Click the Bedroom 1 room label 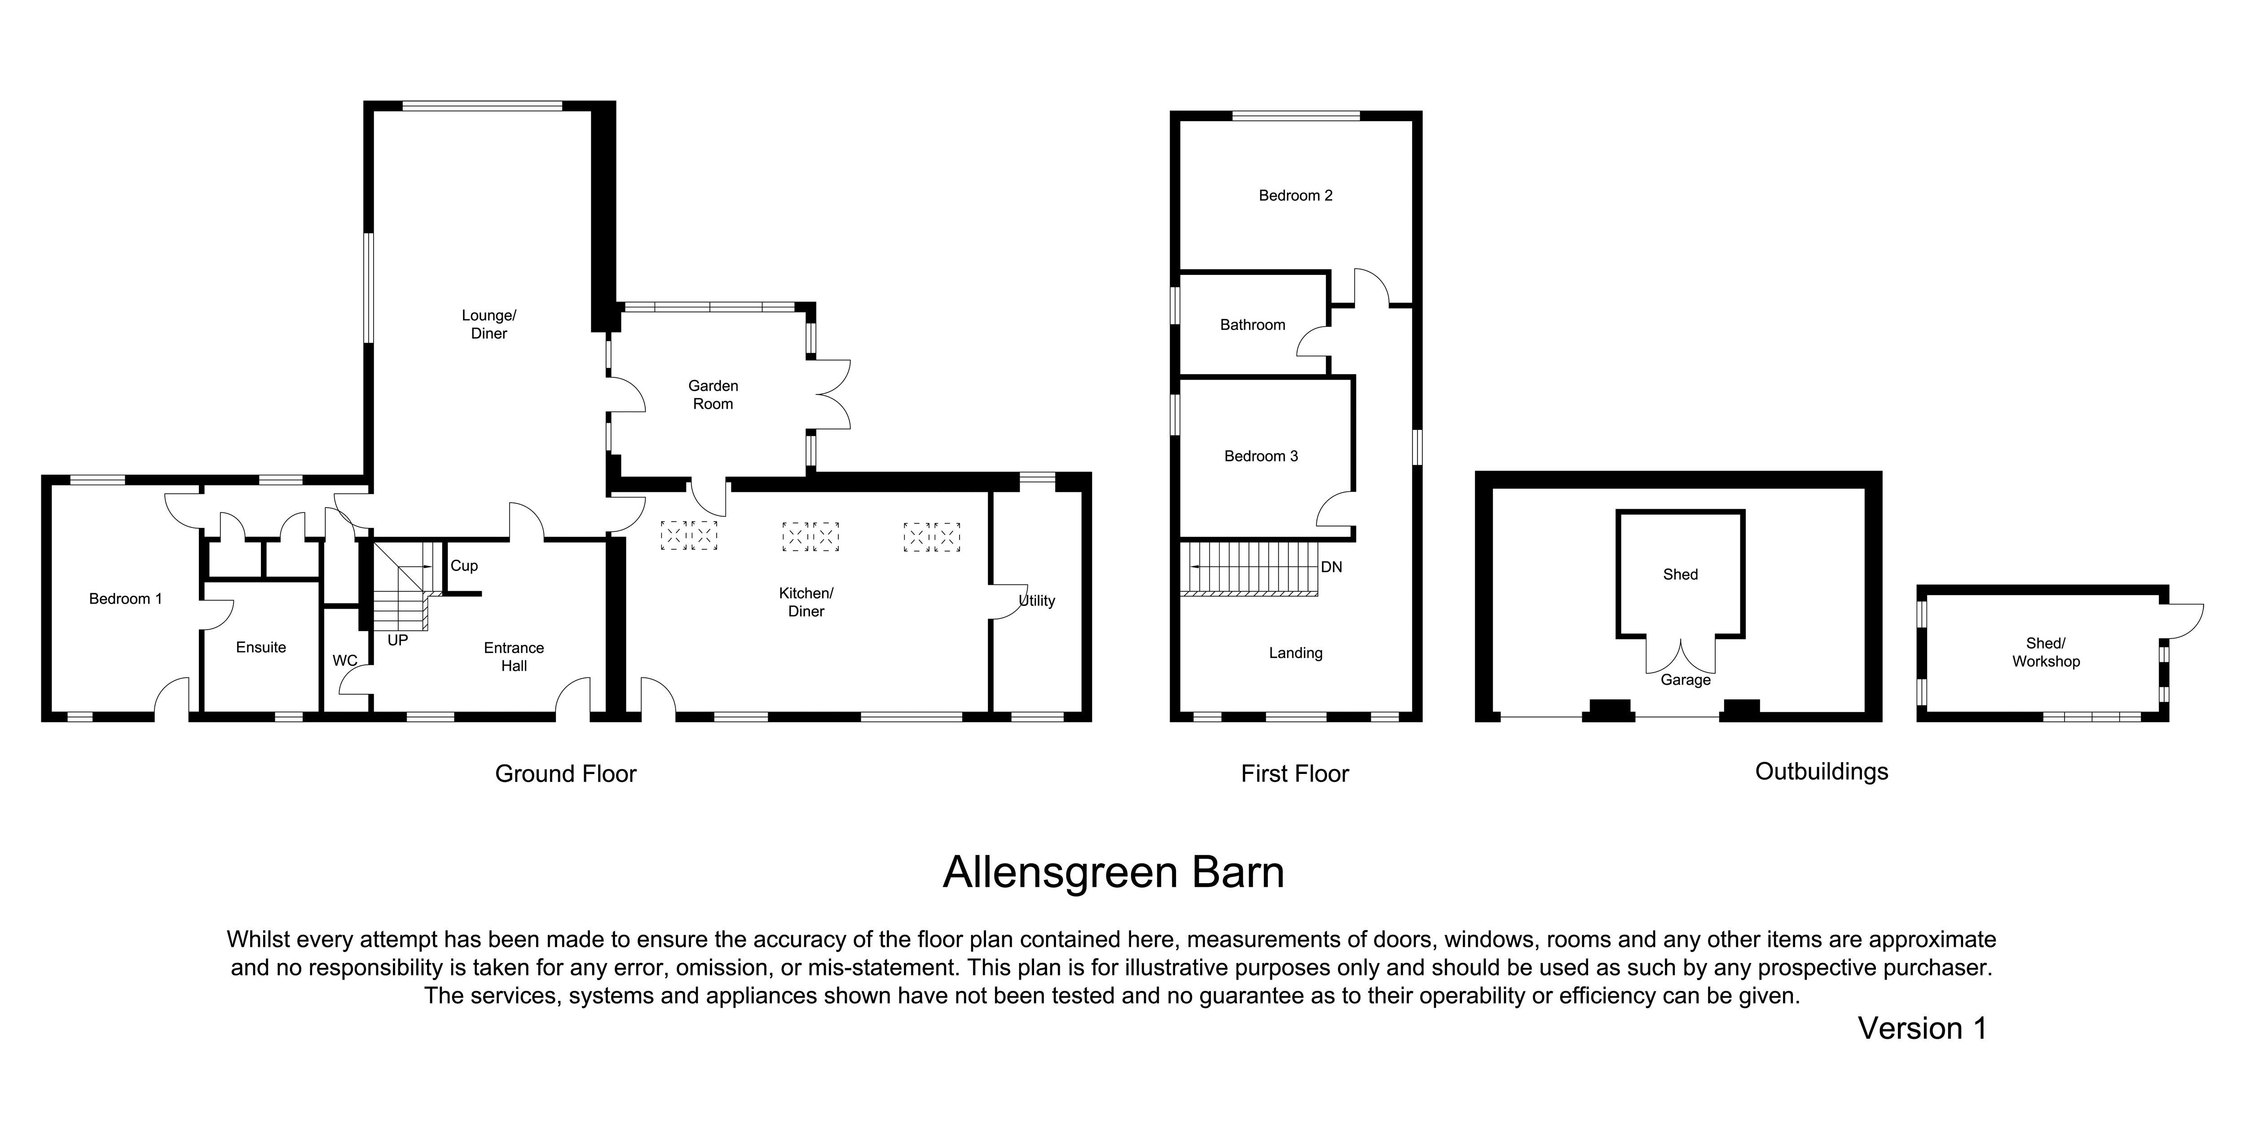(126, 599)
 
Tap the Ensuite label (260, 647)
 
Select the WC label (345, 661)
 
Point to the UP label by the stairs (397, 641)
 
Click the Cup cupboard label (464, 566)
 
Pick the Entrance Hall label (514, 656)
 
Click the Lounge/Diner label (489, 324)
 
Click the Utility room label (1037, 601)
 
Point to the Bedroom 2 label (1296, 195)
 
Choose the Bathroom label (1252, 325)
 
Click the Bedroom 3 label (1261, 456)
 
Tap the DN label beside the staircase (1332, 567)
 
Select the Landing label (1296, 653)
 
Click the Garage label (1686, 680)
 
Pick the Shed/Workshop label (2046, 652)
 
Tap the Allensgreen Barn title (1114, 872)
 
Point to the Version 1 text (1923, 1029)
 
